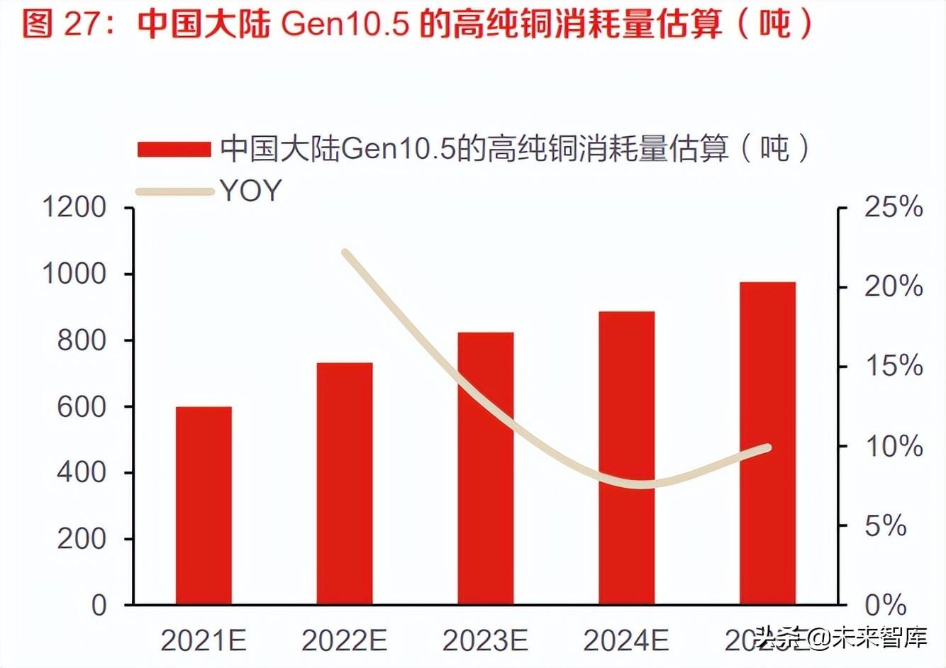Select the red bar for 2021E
point(204,505)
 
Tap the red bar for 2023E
point(485,468)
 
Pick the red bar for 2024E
point(626,457)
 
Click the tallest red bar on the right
point(767,442)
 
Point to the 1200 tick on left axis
point(74,208)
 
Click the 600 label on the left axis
point(81,406)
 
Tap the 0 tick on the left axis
point(99,605)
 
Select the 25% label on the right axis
point(893,208)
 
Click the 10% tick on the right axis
point(893,447)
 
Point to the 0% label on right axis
point(886,605)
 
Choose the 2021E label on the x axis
point(204,641)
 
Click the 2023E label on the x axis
point(485,641)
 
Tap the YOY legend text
point(250,191)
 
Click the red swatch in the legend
point(174,149)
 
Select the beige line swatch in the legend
point(174,191)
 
